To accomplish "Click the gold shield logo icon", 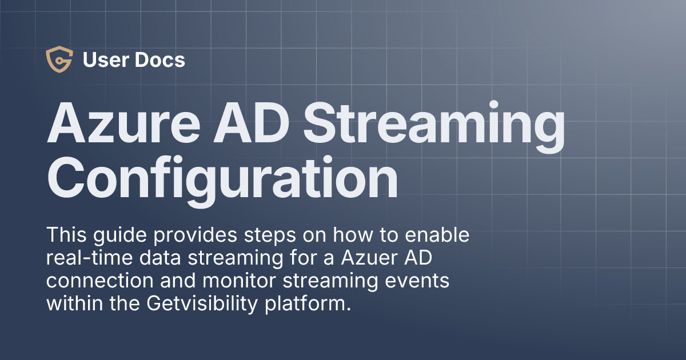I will pos(59,60).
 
